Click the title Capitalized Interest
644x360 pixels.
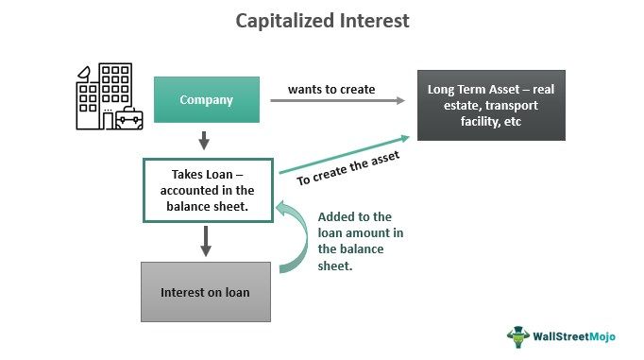point(322,21)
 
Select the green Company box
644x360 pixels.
point(207,99)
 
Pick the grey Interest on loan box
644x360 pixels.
point(206,291)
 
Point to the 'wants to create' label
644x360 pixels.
point(330,90)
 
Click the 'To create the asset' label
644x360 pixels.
point(348,169)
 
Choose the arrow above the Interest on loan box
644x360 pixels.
point(206,241)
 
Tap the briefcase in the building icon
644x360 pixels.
point(128,119)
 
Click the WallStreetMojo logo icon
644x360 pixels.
point(517,336)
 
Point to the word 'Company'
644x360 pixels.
point(207,99)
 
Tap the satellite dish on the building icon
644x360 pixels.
point(85,73)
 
